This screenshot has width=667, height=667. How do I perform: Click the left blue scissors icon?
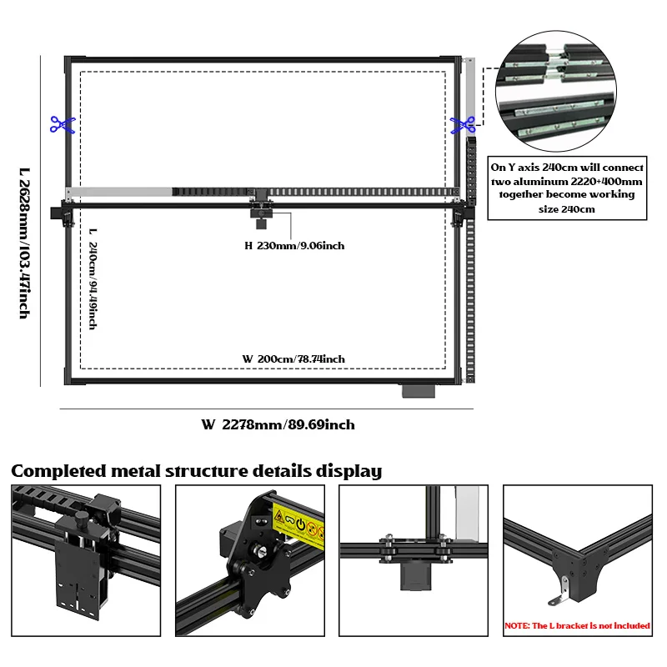(x=62, y=125)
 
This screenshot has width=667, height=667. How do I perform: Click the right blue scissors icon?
(x=462, y=125)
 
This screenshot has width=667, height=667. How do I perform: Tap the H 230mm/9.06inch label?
(x=294, y=246)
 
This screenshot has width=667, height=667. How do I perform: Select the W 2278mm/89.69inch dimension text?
(x=278, y=424)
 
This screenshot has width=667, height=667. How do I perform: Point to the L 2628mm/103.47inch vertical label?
(x=24, y=243)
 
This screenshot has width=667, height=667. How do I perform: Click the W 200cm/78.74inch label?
(x=293, y=359)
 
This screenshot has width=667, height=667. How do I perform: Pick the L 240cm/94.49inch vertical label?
(x=93, y=278)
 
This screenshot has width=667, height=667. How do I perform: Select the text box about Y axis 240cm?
(x=567, y=188)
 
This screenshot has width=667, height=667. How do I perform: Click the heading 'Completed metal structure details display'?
(x=197, y=471)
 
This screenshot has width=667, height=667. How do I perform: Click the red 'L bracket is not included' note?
(x=578, y=625)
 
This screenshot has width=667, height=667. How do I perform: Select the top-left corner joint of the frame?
(x=72, y=63)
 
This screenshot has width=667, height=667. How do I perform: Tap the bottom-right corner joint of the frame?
(x=456, y=378)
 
